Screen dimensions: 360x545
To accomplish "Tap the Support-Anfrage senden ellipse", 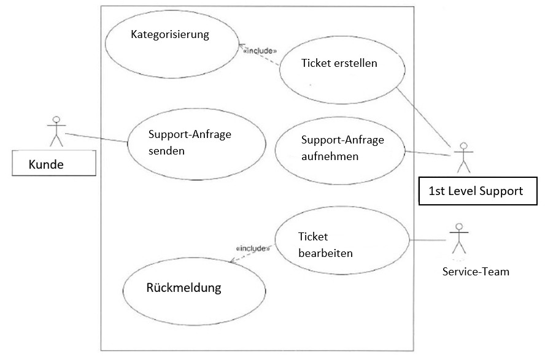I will click(196, 142).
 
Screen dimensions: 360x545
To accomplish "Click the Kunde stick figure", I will click(56, 131).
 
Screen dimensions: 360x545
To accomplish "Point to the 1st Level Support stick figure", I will click(463, 158).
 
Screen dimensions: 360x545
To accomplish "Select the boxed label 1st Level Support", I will click(477, 191).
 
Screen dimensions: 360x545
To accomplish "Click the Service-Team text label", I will click(476, 271).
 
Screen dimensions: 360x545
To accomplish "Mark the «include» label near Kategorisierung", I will click(261, 51).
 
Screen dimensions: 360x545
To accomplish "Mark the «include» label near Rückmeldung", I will click(252, 248).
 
